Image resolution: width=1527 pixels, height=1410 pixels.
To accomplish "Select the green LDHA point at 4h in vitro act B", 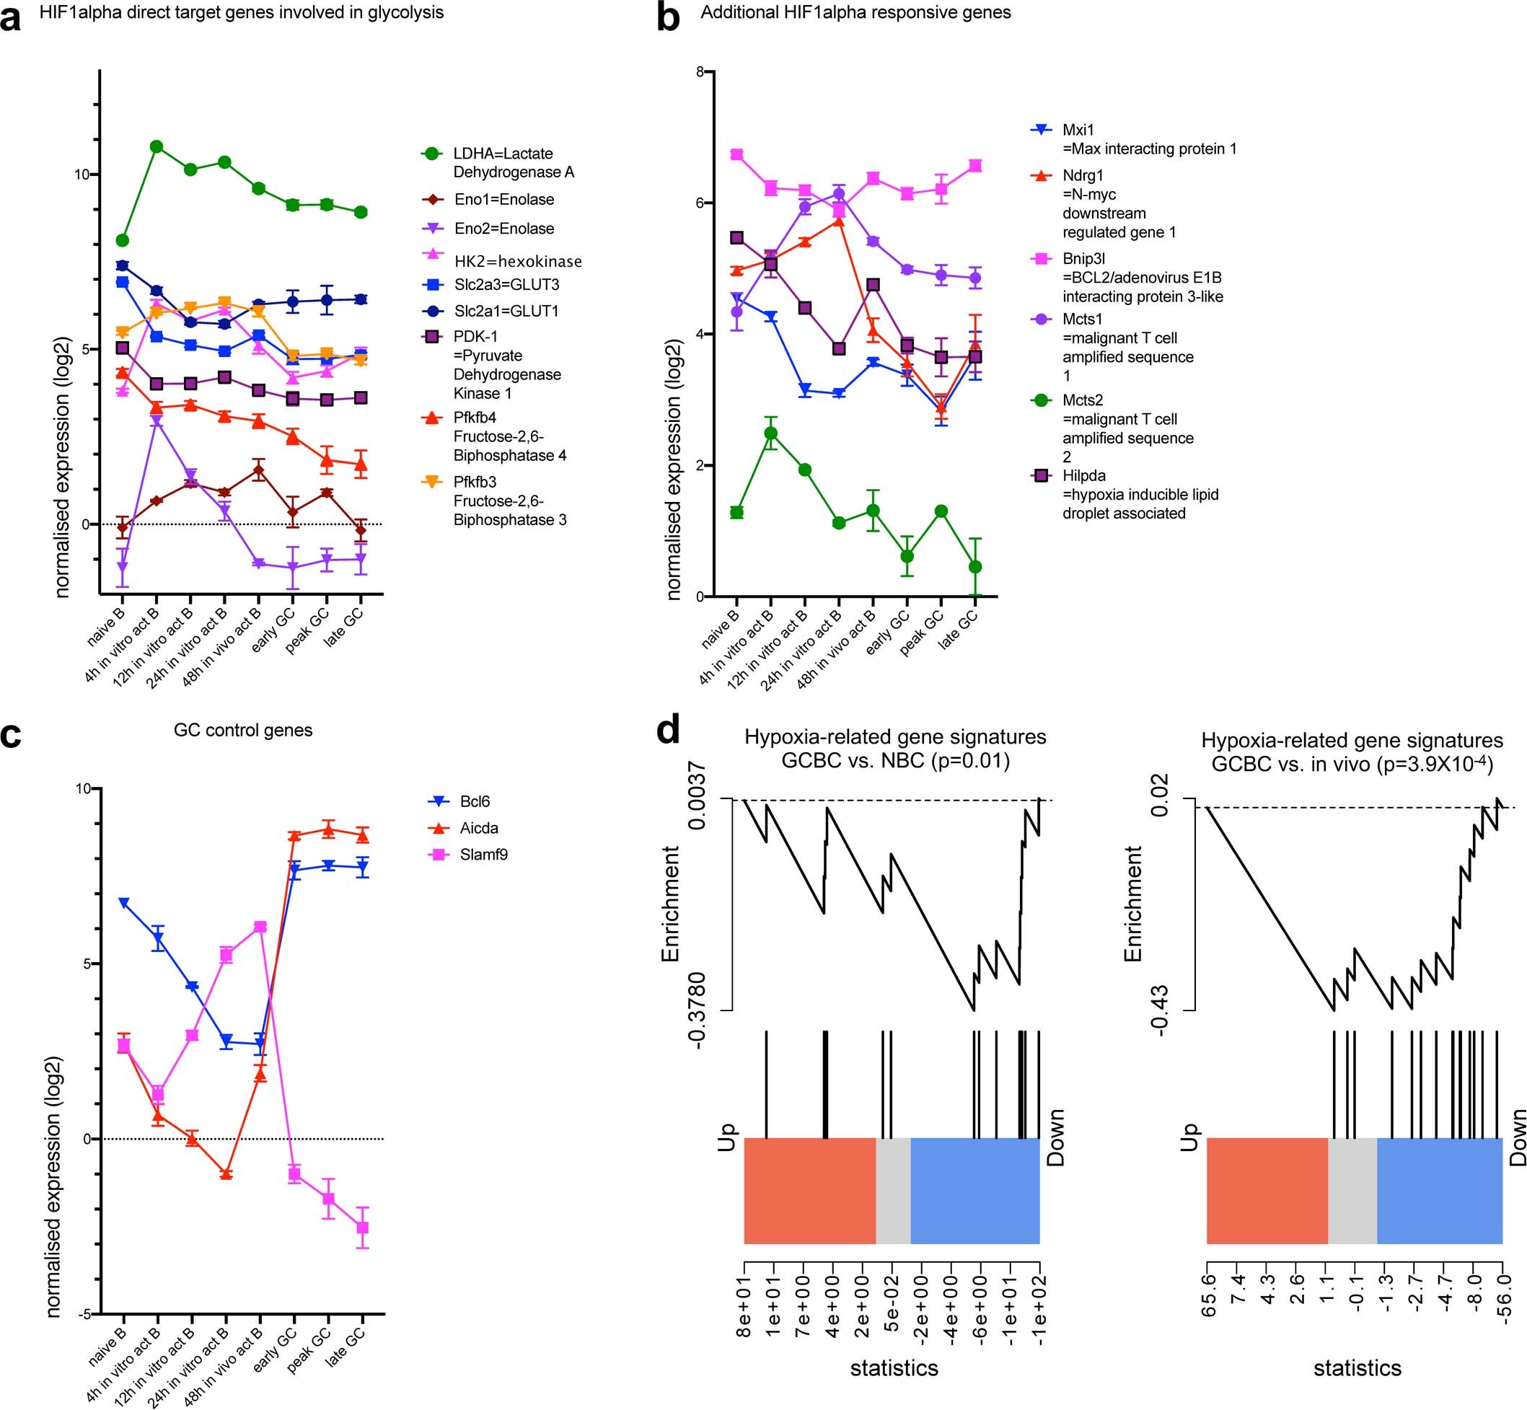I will pyautogui.click(x=157, y=146).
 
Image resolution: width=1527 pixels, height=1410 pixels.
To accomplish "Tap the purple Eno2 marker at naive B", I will pyautogui.click(x=122, y=566).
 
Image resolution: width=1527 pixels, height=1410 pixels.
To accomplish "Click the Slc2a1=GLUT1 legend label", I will pyautogui.click(x=509, y=312).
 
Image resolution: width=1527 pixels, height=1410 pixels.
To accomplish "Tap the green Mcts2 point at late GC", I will pyautogui.click(x=975, y=566).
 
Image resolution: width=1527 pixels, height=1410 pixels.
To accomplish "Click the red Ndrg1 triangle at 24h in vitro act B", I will pyautogui.click(x=840, y=221).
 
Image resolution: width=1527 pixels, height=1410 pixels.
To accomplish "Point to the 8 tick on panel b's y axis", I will pyautogui.click(x=699, y=71).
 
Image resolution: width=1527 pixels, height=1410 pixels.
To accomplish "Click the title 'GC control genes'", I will pyautogui.click(x=242, y=730).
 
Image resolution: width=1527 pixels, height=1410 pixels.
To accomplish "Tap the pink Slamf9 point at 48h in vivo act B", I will pyautogui.click(x=260, y=926).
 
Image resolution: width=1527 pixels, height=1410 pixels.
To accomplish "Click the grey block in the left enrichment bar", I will pyautogui.click(x=893, y=1191).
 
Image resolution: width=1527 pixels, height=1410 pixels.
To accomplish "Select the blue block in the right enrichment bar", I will pyautogui.click(x=1439, y=1191).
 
